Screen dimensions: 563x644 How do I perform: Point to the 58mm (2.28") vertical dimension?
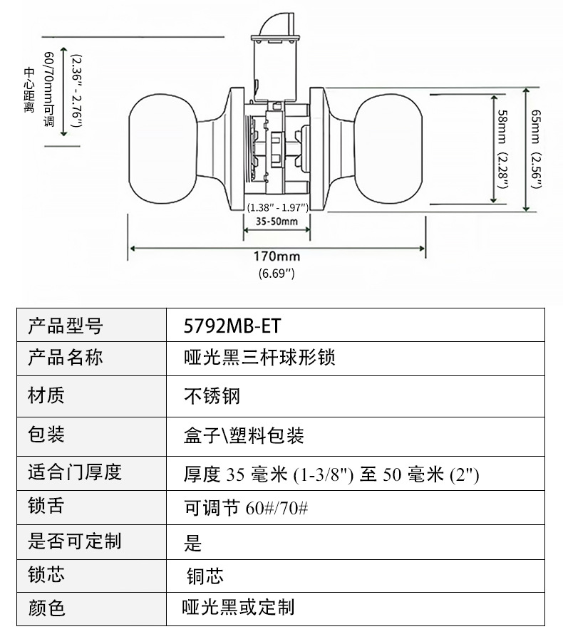503,150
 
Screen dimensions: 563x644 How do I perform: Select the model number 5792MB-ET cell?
232,326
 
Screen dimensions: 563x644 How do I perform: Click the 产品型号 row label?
66,326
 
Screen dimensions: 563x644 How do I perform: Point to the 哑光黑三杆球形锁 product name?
259,357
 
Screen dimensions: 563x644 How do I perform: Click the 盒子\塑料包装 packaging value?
244,435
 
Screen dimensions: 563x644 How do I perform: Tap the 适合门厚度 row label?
75,472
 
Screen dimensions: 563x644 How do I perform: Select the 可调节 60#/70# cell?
245,509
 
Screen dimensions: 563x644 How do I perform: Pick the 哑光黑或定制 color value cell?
238,607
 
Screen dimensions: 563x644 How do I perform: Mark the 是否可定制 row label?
75,541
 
